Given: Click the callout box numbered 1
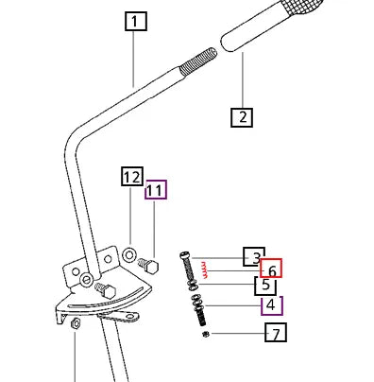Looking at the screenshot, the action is pyautogui.click(x=136, y=21).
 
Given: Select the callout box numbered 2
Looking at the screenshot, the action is pyautogui.click(x=242, y=117).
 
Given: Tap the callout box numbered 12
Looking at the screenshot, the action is pyautogui.click(x=132, y=176).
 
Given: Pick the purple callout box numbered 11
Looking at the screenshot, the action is pyautogui.click(x=156, y=190).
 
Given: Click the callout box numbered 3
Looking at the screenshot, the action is pyautogui.click(x=254, y=257).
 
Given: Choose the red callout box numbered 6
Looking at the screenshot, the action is pyautogui.click(x=271, y=269).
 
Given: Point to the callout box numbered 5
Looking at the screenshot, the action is pyautogui.click(x=265, y=286).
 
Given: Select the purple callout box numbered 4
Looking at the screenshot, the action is pyautogui.click(x=272, y=305).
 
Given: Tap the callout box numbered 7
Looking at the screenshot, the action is pyautogui.click(x=276, y=332).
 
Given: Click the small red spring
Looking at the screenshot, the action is pyautogui.click(x=205, y=269).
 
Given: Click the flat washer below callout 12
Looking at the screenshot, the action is pyautogui.click(x=129, y=254).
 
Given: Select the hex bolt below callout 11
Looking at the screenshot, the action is pyautogui.click(x=148, y=265).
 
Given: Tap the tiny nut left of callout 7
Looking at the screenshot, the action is pyautogui.click(x=206, y=334).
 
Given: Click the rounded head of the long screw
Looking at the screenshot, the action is pyautogui.click(x=185, y=254).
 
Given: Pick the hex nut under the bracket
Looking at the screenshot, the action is pyautogui.click(x=76, y=324).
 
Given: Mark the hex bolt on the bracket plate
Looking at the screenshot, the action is pyautogui.click(x=106, y=290).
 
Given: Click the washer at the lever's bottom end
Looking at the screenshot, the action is pyautogui.click(x=86, y=279).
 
